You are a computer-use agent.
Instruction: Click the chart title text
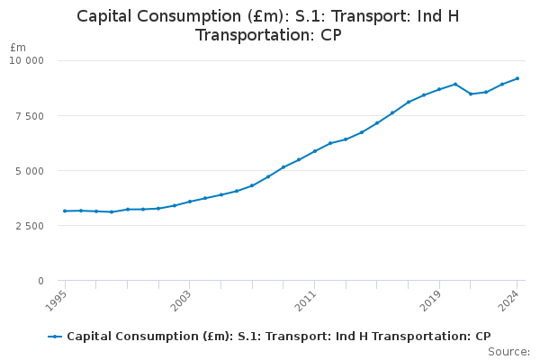(269, 25)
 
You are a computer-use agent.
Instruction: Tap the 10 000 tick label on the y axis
(27, 60)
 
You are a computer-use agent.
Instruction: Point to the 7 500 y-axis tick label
(30, 115)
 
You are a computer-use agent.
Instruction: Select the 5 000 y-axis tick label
(30, 170)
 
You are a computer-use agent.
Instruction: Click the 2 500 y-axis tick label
(30, 226)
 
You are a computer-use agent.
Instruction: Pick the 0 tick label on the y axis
(40, 281)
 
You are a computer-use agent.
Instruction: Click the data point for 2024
(517, 78)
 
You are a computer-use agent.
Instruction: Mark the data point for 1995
(65, 211)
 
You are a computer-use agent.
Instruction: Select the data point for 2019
(439, 89)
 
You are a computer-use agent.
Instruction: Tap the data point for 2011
(314, 151)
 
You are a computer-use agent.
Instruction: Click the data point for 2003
(190, 202)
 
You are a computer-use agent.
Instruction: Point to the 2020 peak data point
(454, 84)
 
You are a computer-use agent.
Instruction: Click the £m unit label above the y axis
(18, 47)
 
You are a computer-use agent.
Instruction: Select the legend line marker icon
(55, 336)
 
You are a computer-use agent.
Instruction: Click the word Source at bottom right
(509, 351)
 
